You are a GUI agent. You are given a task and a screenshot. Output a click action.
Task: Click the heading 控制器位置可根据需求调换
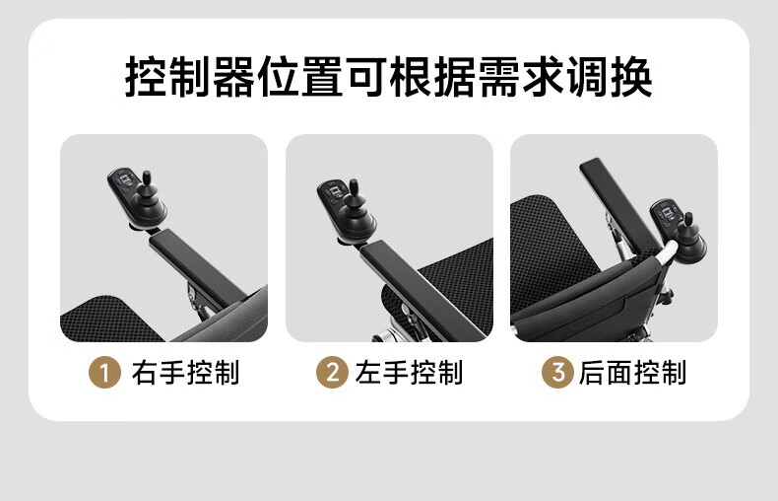(388, 77)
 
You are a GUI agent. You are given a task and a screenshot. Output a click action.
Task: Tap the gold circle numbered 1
(104, 372)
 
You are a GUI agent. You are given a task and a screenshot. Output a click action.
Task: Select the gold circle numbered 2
(332, 372)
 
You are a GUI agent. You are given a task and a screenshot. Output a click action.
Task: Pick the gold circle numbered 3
(557, 372)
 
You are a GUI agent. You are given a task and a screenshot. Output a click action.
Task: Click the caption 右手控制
(185, 372)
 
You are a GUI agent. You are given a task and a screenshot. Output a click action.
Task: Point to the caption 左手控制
(409, 372)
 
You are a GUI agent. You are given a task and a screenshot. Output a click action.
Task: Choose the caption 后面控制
(632, 372)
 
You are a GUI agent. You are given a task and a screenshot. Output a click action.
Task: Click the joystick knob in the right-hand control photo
(147, 178)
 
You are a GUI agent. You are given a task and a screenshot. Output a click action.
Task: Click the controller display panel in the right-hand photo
(123, 182)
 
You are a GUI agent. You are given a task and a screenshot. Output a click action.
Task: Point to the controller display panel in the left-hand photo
(332, 194)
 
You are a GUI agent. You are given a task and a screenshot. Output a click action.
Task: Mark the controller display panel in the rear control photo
(665, 213)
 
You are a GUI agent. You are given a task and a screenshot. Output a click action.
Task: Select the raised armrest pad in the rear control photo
(620, 205)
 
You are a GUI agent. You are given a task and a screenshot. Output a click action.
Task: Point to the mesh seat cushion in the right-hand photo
(109, 320)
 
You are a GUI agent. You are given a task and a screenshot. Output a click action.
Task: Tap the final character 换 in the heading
(631, 77)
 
